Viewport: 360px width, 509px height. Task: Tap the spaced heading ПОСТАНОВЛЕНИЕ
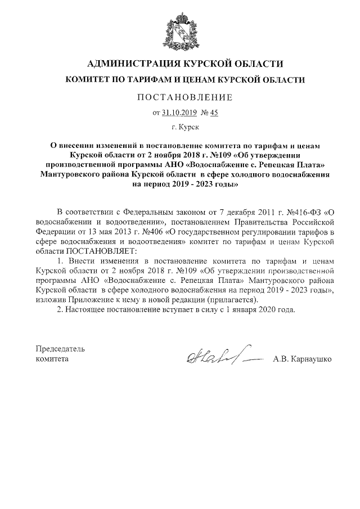click(x=185, y=98)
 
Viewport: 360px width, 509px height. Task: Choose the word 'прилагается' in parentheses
click(x=231, y=299)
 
